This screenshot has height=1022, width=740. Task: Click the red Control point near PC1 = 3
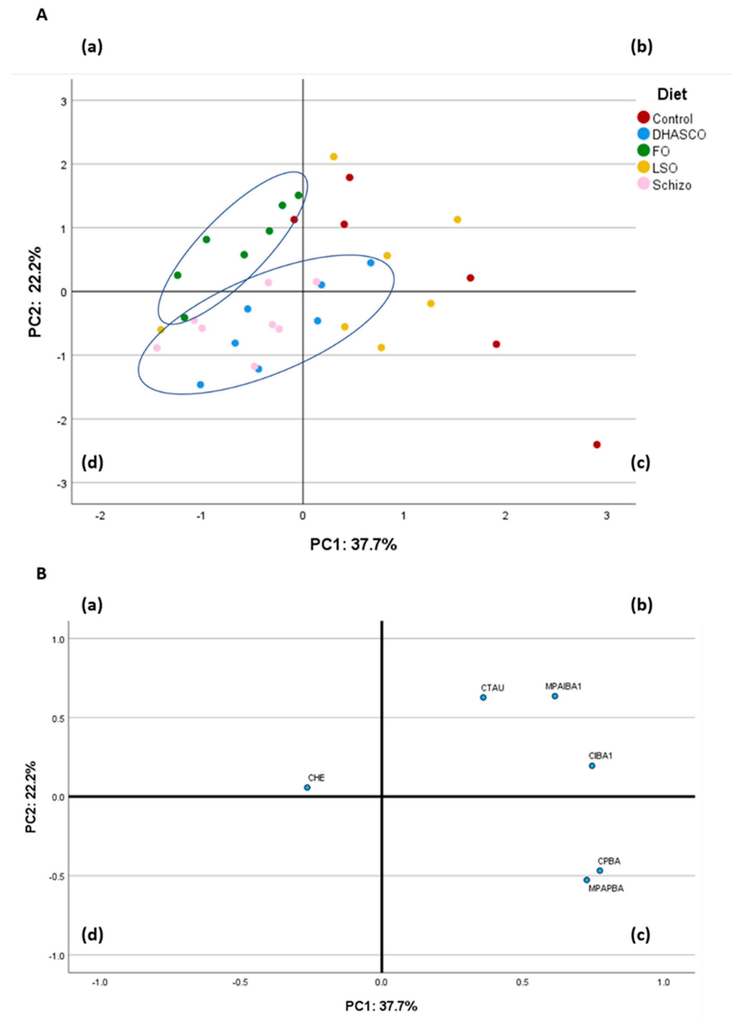597,445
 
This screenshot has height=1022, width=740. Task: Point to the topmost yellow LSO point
334,157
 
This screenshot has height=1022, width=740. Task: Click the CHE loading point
307,787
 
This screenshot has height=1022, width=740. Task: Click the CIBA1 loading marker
592,766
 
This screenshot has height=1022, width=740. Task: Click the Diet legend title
672,95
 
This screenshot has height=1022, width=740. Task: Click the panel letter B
41,574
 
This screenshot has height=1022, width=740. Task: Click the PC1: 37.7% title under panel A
353,545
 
